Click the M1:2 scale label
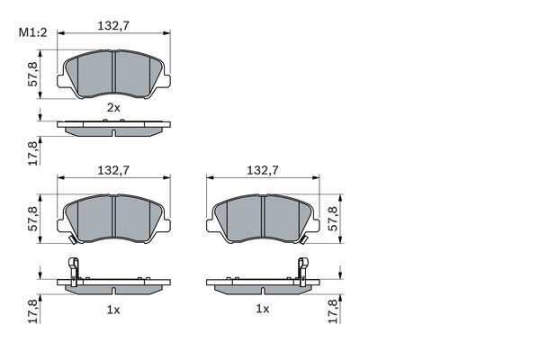pyautogui.click(x=32, y=34)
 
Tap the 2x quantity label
pyautogui.click(x=113, y=107)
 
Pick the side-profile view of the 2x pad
pyautogui.click(x=113, y=129)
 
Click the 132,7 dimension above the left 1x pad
pyautogui.click(x=113, y=168)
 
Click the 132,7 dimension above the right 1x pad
pyautogui.click(x=261, y=168)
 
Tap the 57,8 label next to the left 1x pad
pyautogui.click(x=33, y=220)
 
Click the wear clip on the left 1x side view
pyautogui.click(x=75, y=268)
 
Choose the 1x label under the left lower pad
pyautogui.click(x=113, y=309)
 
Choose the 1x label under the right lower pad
pyautogui.click(x=262, y=309)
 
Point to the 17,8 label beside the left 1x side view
pyautogui.click(x=33, y=311)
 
